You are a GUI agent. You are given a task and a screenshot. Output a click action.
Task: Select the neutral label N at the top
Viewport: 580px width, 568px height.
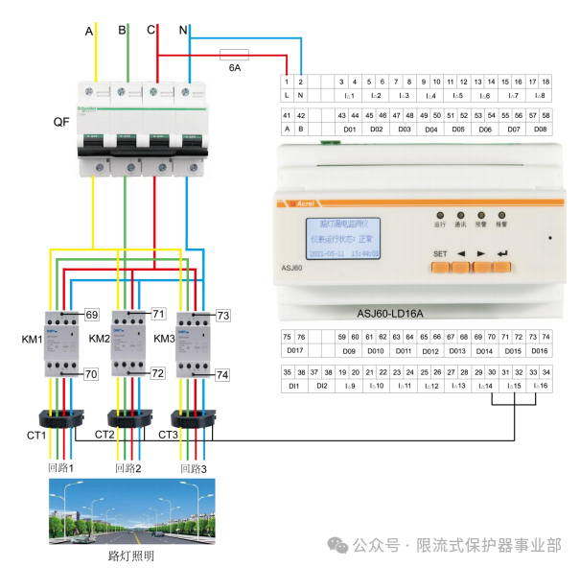coord(183,32)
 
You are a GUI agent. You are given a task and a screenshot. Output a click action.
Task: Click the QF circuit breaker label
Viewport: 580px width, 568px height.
coord(61,123)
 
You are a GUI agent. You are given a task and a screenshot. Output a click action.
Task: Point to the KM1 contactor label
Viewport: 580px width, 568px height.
coord(33,340)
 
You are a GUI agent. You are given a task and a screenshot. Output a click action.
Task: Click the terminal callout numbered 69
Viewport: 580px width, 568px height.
coord(92,315)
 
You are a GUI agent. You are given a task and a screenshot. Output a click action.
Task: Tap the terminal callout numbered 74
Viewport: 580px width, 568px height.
coord(222,375)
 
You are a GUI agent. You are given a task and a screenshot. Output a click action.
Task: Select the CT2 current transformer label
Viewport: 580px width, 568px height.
coord(104,435)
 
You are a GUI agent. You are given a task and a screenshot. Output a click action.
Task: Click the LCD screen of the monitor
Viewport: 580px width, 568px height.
coord(340,237)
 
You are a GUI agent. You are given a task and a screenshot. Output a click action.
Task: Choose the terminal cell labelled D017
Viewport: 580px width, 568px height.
coord(294,350)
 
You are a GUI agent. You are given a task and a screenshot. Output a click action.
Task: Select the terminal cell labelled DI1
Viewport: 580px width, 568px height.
coord(294,386)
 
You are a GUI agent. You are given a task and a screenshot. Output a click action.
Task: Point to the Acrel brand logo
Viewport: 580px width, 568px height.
coord(303,203)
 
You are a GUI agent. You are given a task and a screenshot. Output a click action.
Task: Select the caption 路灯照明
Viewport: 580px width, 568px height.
coord(131,556)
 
